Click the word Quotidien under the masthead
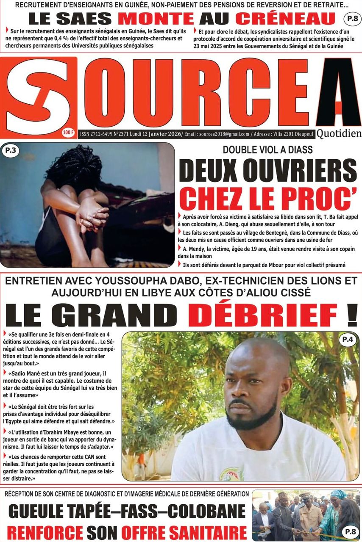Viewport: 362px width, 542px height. point(339,134)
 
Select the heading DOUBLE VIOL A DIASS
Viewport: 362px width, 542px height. point(268,149)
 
